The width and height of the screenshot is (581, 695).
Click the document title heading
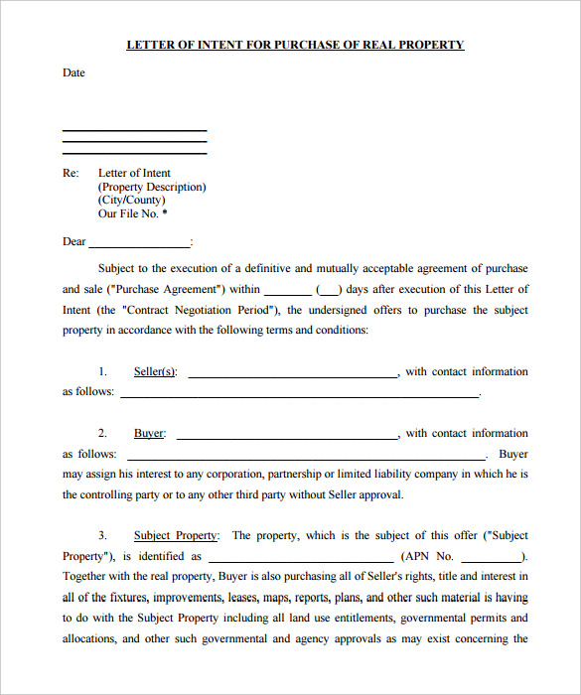(x=295, y=45)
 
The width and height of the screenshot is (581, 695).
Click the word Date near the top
(x=73, y=72)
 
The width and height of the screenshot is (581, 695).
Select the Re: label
(x=71, y=173)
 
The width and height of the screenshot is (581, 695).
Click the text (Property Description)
(x=152, y=187)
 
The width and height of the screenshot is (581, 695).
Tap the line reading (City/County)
(x=131, y=200)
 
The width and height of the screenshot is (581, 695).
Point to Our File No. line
(x=132, y=213)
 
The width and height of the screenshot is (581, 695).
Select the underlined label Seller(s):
(x=155, y=372)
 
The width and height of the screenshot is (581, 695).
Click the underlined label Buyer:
(x=150, y=434)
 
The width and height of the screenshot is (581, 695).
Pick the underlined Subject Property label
(x=177, y=536)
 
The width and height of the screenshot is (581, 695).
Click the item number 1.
(x=102, y=372)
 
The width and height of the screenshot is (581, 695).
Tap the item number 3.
(x=102, y=536)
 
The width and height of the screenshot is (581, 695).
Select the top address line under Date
(x=134, y=130)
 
